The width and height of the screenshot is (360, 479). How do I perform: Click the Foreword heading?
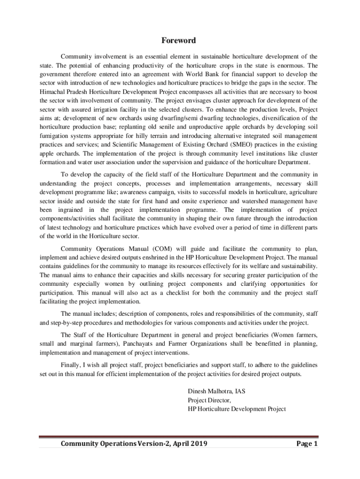pyautogui.click(x=180, y=41)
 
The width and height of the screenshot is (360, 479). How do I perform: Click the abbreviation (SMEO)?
pyautogui.click(x=244, y=145)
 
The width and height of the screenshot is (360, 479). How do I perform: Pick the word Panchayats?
pyautogui.click(x=144, y=344)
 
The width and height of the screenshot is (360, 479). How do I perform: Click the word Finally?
pyautogui.click(x=71, y=364)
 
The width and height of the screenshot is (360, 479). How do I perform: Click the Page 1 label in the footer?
pyautogui.click(x=307, y=443)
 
